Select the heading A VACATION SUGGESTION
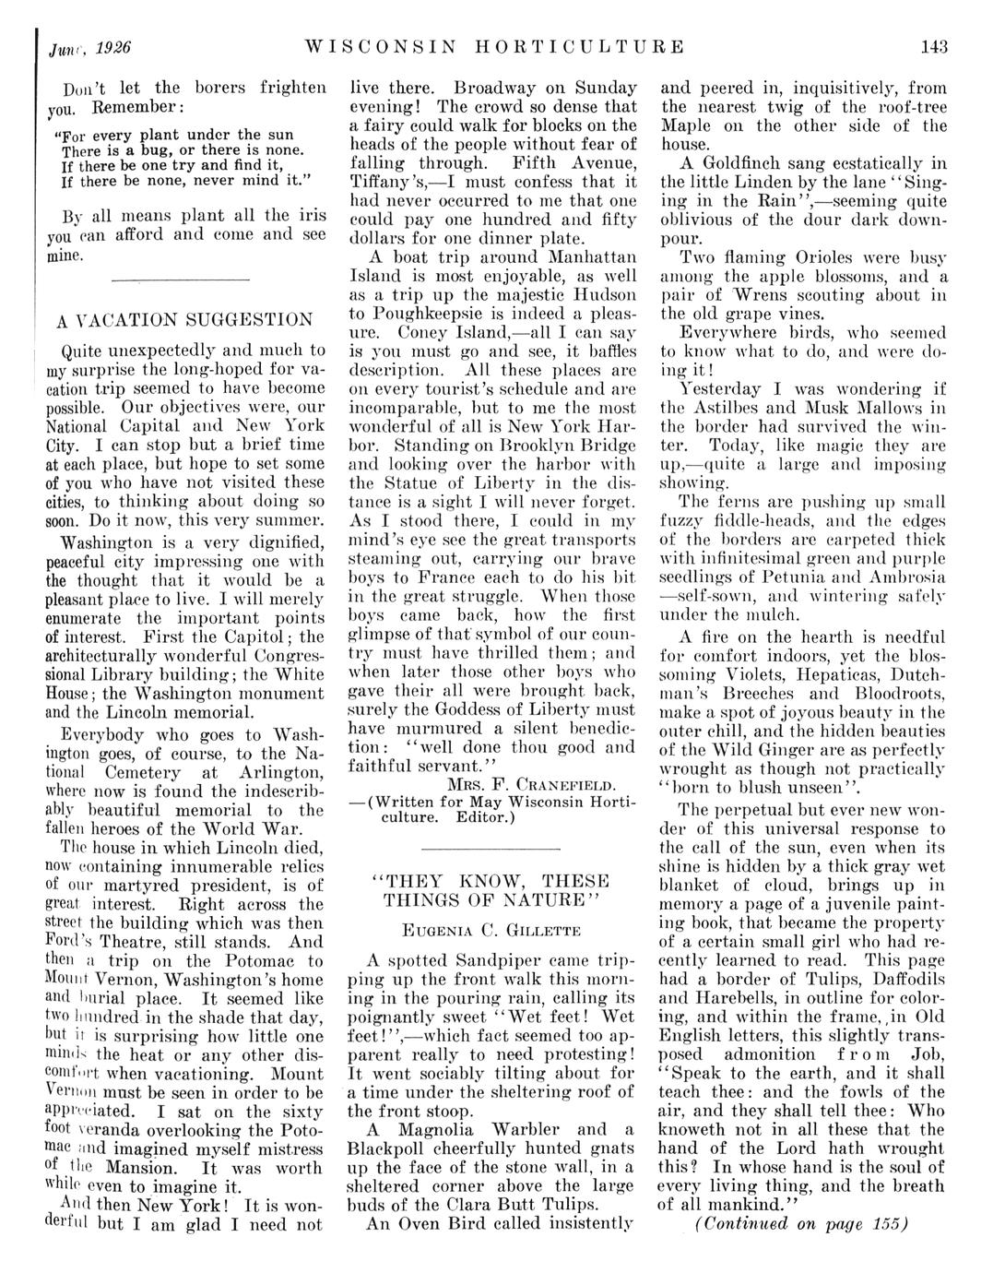point(184,320)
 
